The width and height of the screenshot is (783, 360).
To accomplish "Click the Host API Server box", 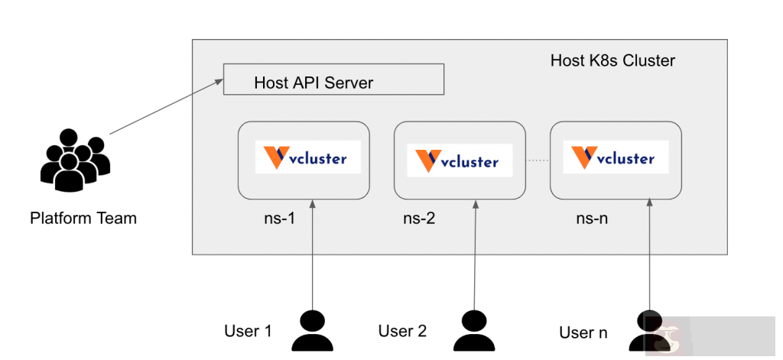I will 333,80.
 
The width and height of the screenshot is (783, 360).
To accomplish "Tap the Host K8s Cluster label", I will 612,60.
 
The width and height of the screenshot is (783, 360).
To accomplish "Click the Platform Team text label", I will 83,219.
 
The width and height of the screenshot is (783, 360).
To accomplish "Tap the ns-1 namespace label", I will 275,219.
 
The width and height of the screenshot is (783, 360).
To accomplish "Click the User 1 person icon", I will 312,331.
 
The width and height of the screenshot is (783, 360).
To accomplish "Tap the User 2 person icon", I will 473,331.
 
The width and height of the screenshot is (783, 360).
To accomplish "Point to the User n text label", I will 583,332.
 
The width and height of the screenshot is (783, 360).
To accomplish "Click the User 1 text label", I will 248,331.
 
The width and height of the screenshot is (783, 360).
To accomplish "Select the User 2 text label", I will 402,331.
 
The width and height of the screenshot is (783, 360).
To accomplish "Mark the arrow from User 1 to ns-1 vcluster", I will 313,252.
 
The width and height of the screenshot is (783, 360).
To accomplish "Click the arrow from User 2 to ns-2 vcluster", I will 475,252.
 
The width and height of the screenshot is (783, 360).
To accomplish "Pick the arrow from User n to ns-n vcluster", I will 649,252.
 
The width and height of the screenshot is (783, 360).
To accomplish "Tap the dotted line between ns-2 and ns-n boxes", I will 538,161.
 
